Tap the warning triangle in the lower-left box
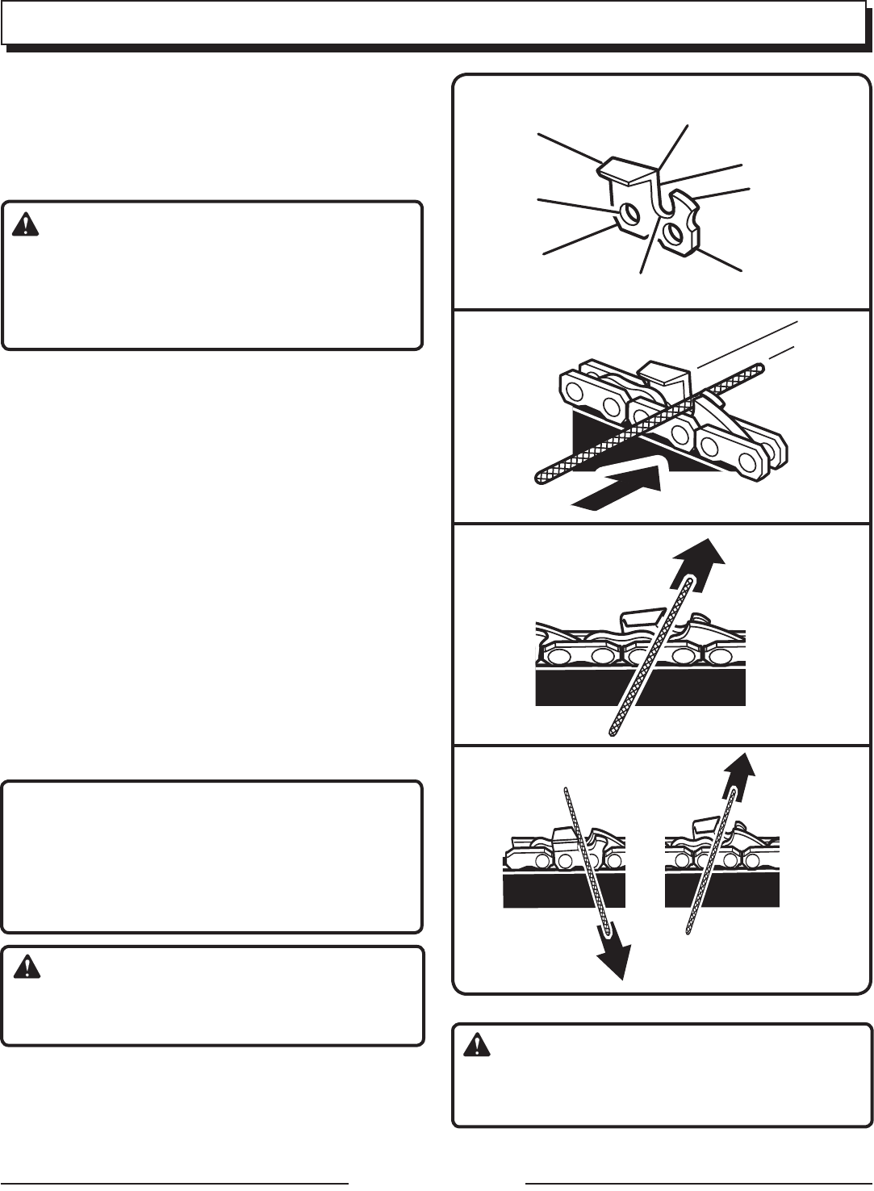[27, 967]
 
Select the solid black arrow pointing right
[617, 491]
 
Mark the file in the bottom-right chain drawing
[710, 863]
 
